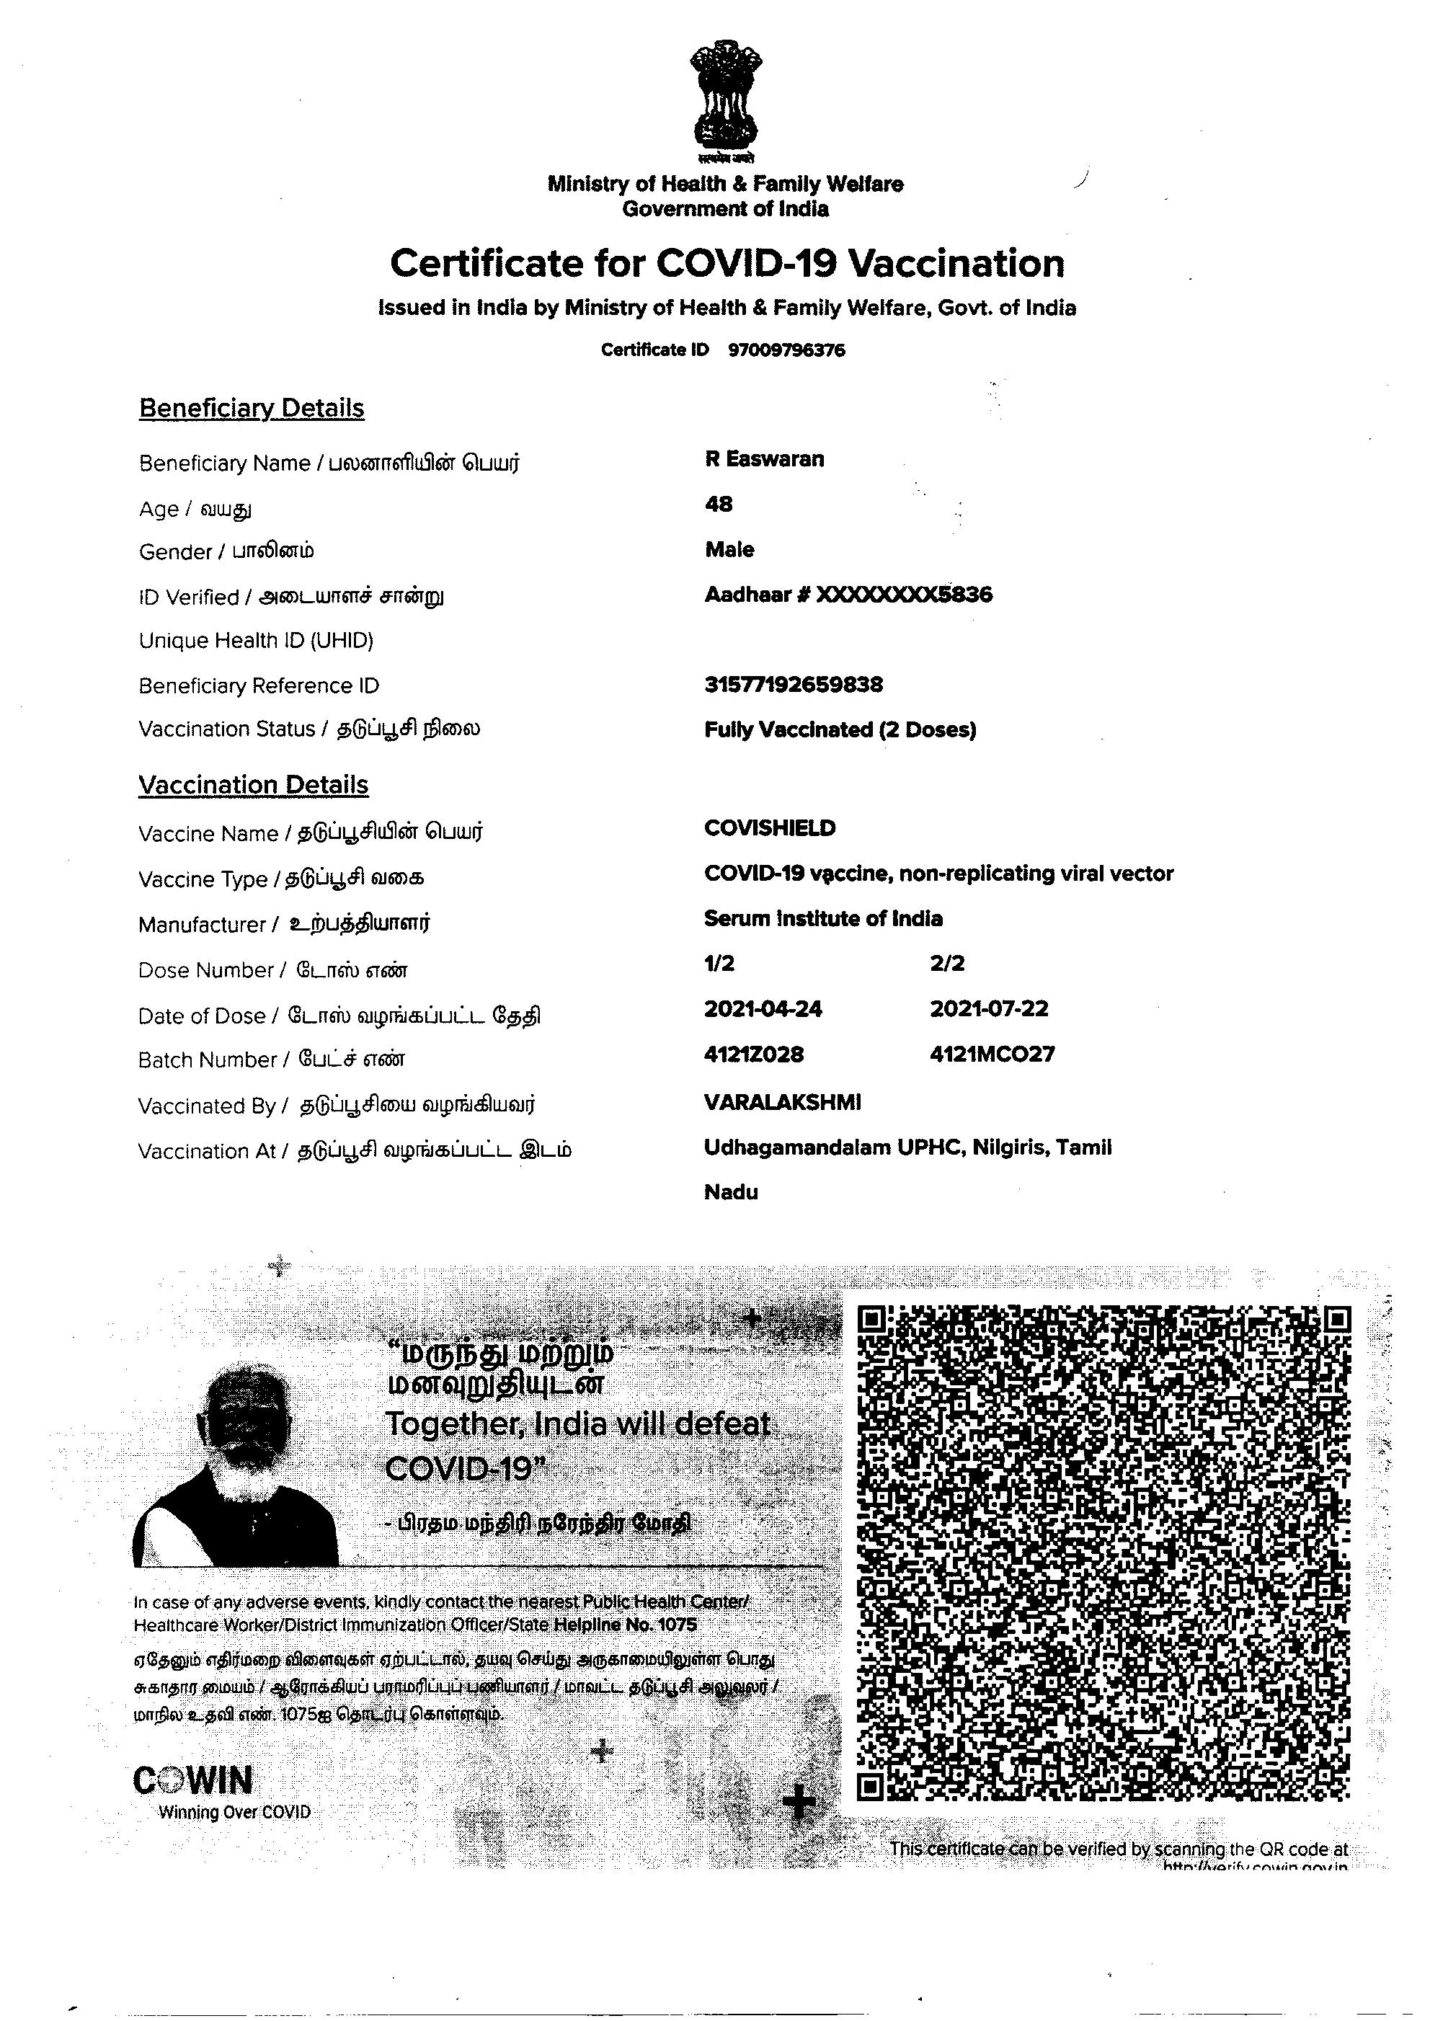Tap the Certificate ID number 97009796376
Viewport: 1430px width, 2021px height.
click(x=786, y=350)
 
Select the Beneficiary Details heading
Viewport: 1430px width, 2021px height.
click(x=252, y=409)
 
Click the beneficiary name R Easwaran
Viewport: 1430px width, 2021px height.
click(x=764, y=459)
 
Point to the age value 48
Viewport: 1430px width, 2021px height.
click(x=719, y=504)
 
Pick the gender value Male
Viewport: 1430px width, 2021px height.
click(x=729, y=549)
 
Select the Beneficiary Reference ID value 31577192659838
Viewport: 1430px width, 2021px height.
click(x=794, y=684)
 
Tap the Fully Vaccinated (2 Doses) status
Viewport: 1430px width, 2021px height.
click(x=840, y=729)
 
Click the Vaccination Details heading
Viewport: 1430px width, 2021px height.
click(x=254, y=785)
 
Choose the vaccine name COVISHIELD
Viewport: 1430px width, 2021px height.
click(x=770, y=827)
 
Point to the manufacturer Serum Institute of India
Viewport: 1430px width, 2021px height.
click(x=823, y=918)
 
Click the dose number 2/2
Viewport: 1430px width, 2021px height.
click(x=946, y=964)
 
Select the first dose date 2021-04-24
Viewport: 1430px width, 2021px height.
click(x=763, y=1009)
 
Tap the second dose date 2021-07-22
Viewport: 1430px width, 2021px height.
click(x=989, y=1009)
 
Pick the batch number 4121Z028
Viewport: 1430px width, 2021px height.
click(x=754, y=1054)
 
